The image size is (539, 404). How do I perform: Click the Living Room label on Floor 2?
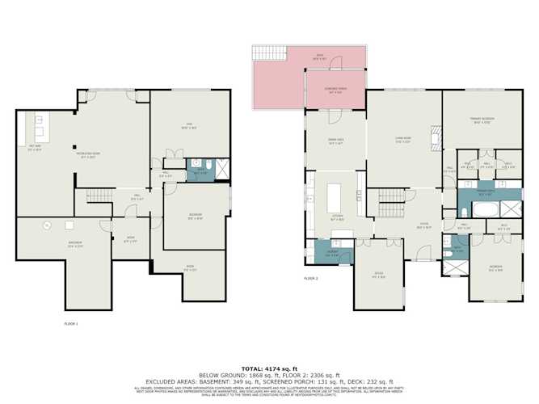[403, 140]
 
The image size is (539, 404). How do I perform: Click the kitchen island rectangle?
[335, 197]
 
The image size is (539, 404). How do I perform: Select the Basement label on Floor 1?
[53, 245]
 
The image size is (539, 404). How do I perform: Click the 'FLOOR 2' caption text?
[311, 279]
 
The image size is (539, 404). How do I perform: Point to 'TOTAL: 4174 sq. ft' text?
[269, 368]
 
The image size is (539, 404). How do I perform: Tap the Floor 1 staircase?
[97, 197]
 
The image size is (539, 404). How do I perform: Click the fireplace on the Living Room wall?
[436, 140]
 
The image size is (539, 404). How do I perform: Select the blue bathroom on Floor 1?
[198, 170]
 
